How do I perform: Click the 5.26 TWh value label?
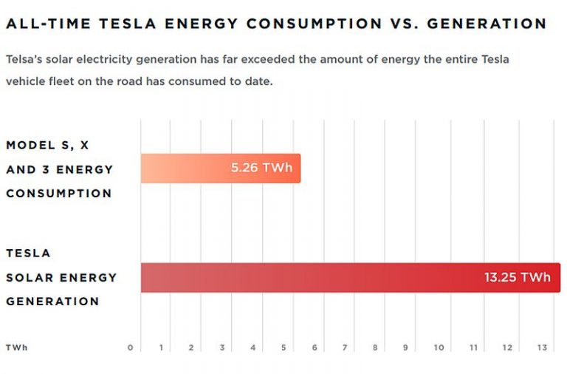point(261,168)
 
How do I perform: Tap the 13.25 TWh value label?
point(517,277)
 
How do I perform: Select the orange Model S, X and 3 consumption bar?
point(221,169)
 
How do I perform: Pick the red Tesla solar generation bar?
point(351,278)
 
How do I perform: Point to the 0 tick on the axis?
point(130,347)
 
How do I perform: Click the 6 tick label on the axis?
point(315,347)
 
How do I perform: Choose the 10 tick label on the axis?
point(439,347)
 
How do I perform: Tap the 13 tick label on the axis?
point(542,347)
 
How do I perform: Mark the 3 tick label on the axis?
point(222,347)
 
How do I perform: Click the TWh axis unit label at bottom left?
point(17,347)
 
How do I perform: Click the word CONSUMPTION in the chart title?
point(314,24)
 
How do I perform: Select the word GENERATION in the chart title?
point(487,24)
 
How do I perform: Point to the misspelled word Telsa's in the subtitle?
point(24,59)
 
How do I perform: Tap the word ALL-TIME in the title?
point(49,24)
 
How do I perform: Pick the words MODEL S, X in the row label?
point(47,145)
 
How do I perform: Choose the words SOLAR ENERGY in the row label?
point(61,278)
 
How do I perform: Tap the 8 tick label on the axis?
point(375,347)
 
